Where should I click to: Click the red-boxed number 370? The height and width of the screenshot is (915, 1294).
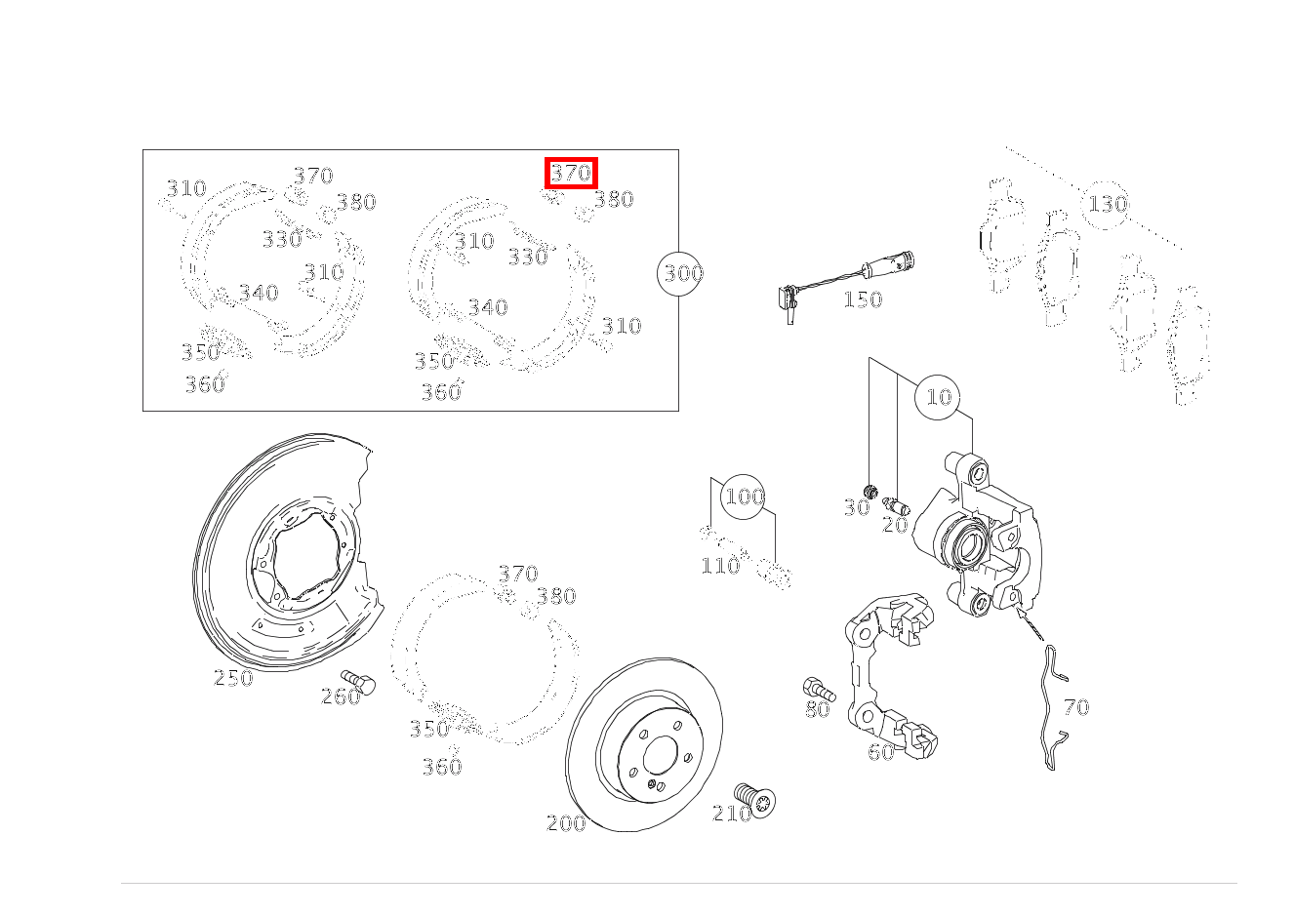click(x=571, y=173)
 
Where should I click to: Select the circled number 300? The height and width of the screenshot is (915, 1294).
click(x=679, y=274)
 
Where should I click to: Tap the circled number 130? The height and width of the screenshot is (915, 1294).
click(x=1105, y=204)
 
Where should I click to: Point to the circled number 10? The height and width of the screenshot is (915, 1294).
click(x=937, y=397)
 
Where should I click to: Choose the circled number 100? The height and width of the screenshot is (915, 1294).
click(x=744, y=497)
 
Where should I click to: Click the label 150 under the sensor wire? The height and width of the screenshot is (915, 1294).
click(x=863, y=299)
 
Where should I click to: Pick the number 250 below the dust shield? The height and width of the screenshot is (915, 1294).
click(x=233, y=678)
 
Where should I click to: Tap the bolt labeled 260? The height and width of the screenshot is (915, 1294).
click(x=358, y=682)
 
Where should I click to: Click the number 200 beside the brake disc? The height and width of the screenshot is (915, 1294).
click(x=566, y=823)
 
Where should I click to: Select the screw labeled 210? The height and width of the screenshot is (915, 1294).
click(x=755, y=800)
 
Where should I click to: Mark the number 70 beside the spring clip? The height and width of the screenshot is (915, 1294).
click(x=1076, y=707)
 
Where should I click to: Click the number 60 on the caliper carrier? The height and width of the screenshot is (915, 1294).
click(x=881, y=752)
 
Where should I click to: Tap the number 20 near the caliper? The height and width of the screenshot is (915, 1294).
click(x=895, y=525)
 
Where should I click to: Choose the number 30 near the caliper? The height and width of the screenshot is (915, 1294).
click(x=857, y=508)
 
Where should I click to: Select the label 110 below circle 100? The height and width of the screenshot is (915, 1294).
click(x=720, y=566)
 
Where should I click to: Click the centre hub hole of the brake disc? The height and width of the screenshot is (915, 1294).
click(x=660, y=755)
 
